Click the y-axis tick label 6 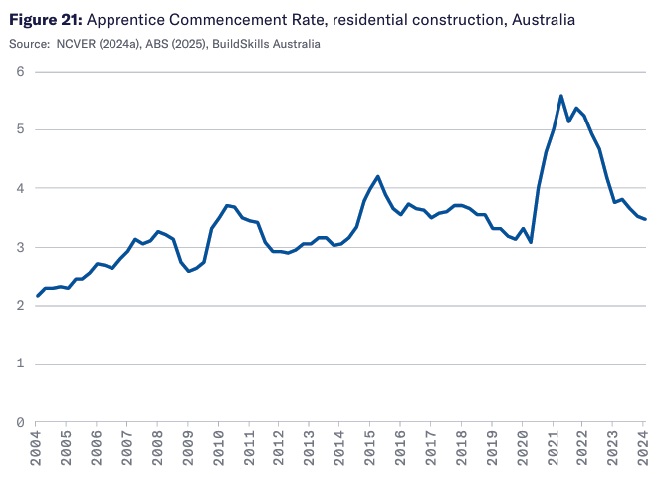20,72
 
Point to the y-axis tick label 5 20,129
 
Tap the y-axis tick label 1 20,364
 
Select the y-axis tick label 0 20,422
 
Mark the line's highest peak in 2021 561,96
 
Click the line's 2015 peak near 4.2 378,176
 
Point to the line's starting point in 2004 37,296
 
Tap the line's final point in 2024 645,219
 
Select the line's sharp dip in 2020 531,242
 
